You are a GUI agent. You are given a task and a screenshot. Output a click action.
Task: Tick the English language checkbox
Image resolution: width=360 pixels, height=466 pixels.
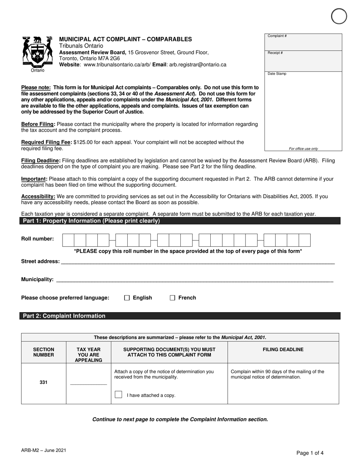[127, 298]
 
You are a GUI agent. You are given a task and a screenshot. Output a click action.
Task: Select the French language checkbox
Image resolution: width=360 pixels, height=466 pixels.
[172, 298]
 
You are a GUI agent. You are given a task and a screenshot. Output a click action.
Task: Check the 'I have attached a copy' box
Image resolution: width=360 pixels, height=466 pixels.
[119, 395]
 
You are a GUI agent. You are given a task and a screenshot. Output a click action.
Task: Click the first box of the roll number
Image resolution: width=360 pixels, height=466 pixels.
[68, 240]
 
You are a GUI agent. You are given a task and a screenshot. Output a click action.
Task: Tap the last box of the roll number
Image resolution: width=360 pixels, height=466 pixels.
[305, 240]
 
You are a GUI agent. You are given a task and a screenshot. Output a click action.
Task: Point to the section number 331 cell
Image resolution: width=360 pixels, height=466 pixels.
[44, 382]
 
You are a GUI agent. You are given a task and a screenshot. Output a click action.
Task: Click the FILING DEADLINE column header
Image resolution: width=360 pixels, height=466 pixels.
[283, 350]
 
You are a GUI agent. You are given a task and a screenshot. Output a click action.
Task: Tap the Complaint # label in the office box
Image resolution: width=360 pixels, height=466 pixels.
[277, 36]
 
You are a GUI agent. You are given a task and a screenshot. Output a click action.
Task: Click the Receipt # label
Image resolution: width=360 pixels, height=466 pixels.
[275, 53]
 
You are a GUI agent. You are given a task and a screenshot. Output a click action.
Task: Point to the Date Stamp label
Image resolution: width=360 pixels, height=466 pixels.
[277, 73]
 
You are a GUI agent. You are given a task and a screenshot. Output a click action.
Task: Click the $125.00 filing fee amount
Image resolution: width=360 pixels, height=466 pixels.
[85, 142]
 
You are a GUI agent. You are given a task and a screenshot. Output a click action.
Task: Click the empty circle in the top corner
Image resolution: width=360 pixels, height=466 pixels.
[338, 17]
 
